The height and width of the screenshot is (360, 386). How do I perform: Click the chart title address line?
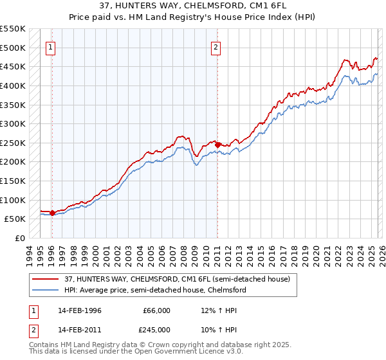click(x=192, y=6)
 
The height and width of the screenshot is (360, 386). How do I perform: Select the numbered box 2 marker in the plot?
click(x=217, y=47)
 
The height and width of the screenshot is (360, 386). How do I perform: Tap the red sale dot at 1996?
click(x=52, y=213)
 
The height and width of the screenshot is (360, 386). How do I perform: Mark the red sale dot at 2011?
click(x=217, y=145)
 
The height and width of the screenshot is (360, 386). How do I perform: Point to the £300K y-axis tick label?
click(x=13, y=123)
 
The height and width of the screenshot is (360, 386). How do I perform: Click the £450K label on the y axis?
click(x=13, y=66)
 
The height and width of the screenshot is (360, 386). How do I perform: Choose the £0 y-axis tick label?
click(x=19, y=238)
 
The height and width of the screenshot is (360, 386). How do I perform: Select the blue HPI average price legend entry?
click(x=155, y=290)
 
